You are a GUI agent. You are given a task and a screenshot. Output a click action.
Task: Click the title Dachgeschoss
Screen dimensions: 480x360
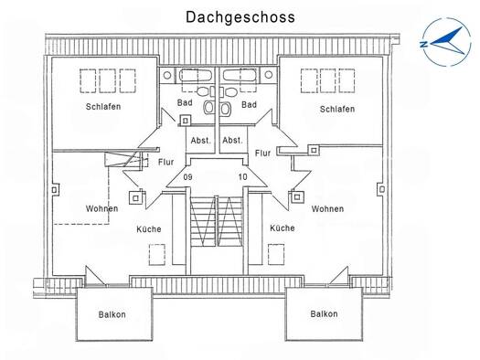pyautogui.click(x=240, y=17)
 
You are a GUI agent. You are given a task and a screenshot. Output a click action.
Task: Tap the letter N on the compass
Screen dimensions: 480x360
pyautogui.click(x=424, y=45)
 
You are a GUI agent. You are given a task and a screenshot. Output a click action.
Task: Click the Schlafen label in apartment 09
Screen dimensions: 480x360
pyautogui.click(x=103, y=106)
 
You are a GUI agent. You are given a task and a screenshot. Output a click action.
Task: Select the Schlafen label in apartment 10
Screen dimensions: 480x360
pyautogui.click(x=337, y=109)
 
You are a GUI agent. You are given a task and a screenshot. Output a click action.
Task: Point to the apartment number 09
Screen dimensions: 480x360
pyautogui.click(x=187, y=177)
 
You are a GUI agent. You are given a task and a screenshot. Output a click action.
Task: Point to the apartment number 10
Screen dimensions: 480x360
pyautogui.click(x=242, y=176)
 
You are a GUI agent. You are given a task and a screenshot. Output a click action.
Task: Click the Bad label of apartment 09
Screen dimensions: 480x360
pyautogui.click(x=185, y=102)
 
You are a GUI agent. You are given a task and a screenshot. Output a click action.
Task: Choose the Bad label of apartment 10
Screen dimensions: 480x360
pyautogui.click(x=249, y=104)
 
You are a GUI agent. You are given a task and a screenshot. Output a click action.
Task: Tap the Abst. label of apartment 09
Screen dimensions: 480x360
pyautogui.click(x=201, y=141)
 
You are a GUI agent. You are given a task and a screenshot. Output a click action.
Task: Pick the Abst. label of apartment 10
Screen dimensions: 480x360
pyautogui.click(x=232, y=141)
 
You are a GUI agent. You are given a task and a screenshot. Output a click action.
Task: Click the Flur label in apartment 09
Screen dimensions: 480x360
pyautogui.click(x=165, y=162)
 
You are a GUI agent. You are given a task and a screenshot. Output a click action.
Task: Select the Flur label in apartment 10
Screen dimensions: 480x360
pyautogui.click(x=262, y=153)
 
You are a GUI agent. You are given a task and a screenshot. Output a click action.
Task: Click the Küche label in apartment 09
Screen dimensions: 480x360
pyautogui.click(x=149, y=228)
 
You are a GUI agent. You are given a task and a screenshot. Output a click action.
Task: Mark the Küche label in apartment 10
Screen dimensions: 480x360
pyautogui.click(x=283, y=228)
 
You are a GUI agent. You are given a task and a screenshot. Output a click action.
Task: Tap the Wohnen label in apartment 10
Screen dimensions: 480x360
pyautogui.click(x=327, y=209)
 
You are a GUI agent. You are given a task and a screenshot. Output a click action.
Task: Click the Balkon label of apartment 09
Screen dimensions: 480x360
pyautogui.click(x=112, y=314)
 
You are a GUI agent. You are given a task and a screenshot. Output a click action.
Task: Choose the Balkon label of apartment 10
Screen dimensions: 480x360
pyautogui.click(x=324, y=313)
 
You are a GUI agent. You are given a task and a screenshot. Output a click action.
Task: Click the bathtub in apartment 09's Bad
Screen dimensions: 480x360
pyautogui.click(x=195, y=75)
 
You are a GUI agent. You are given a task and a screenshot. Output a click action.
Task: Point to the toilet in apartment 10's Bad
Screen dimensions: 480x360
pyautogui.click(x=226, y=108)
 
